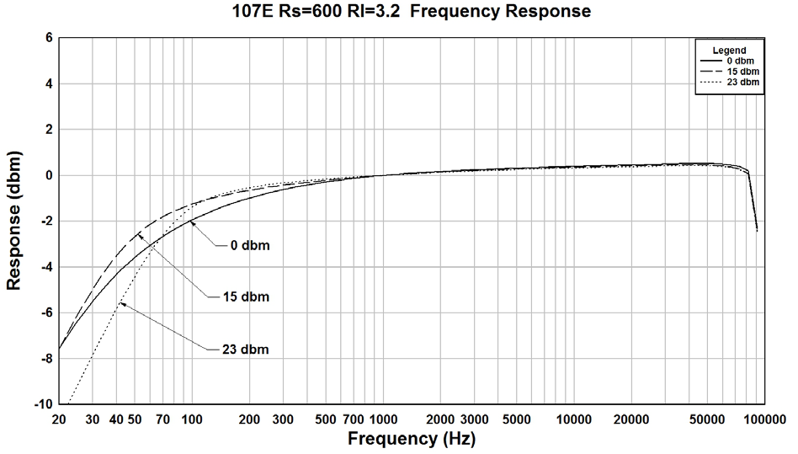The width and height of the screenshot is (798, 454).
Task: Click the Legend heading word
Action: click(728, 51)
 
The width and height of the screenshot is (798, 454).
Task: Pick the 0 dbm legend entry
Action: click(742, 61)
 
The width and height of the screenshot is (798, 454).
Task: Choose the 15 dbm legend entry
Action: click(742, 72)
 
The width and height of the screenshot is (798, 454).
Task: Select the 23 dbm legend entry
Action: click(742, 82)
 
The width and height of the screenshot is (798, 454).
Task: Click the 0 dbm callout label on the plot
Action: click(254, 245)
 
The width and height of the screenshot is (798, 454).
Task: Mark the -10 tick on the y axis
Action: click(44, 404)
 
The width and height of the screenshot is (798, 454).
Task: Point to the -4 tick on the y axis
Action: click(46, 267)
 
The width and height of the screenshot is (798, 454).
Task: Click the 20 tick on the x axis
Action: click(59, 419)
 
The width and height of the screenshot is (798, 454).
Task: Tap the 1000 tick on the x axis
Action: click(383, 419)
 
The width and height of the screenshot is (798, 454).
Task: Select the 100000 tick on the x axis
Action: click(763, 419)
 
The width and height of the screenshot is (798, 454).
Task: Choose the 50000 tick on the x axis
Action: click(706, 419)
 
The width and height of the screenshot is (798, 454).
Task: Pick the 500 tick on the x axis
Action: click(326, 419)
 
